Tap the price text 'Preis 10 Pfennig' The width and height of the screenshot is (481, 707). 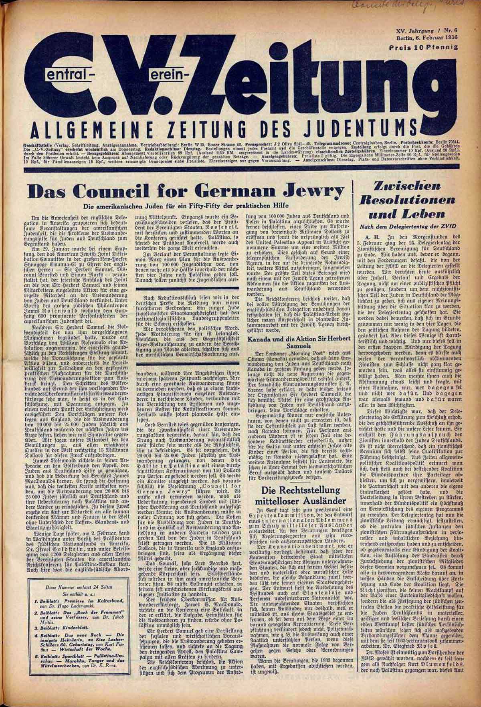(x=423, y=48)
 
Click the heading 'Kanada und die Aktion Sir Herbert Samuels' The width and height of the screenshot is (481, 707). (x=299, y=342)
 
